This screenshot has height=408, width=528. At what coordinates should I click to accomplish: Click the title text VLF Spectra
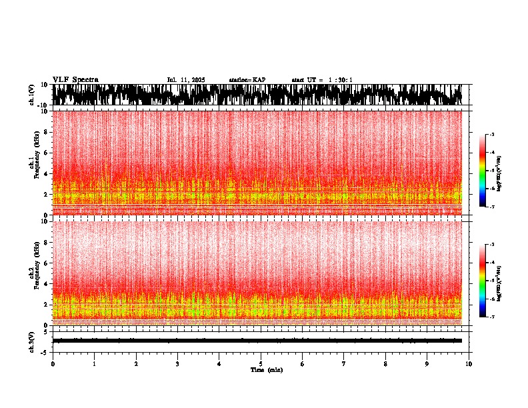pyautogui.click(x=75, y=80)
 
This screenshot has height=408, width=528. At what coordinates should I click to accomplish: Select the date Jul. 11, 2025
pyautogui.click(x=186, y=80)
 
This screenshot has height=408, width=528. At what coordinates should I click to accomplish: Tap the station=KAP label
pyautogui.click(x=247, y=80)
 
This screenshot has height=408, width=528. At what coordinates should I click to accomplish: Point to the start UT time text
pyautogui.click(x=322, y=80)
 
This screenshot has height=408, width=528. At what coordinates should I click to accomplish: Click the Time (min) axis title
pyautogui.click(x=266, y=369)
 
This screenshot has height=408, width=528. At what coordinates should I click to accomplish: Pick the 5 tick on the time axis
pyautogui.click(x=261, y=363)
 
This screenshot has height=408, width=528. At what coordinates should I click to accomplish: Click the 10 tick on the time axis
pyautogui.click(x=469, y=363)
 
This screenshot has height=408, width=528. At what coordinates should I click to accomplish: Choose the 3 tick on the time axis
pyautogui.click(x=177, y=363)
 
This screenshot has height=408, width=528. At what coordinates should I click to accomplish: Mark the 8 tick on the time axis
pyautogui.click(x=385, y=363)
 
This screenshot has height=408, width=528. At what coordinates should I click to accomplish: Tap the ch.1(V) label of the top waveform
pyautogui.click(x=32, y=95)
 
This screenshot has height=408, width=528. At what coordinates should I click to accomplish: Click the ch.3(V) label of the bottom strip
pyautogui.click(x=32, y=341)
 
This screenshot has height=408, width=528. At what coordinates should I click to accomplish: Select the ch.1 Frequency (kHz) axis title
pyautogui.click(x=33, y=162)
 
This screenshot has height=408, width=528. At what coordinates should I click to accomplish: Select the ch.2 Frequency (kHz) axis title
pyautogui.click(x=33, y=273)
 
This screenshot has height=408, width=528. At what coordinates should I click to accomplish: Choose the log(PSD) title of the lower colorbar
pyautogui.click(x=499, y=281)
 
